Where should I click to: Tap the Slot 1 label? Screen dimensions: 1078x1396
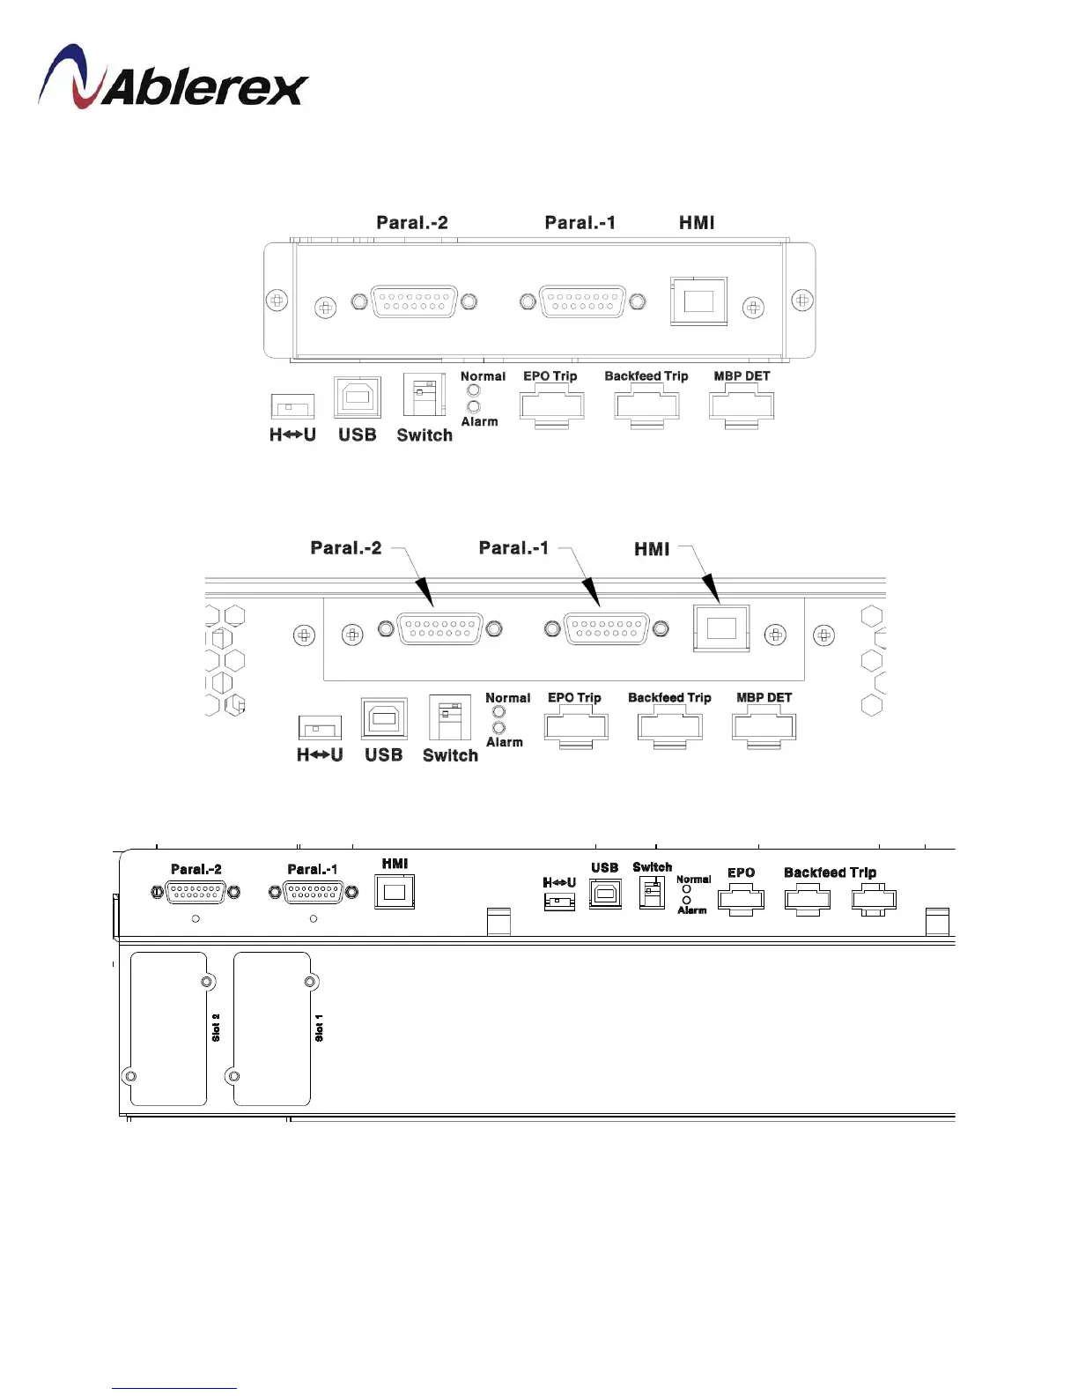tap(319, 1028)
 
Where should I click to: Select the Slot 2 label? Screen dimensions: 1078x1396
tap(216, 1028)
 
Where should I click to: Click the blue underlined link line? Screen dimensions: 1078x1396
tap(174, 1388)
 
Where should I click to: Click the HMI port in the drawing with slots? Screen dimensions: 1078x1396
tap(395, 892)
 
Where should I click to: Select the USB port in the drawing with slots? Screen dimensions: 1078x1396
tap(605, 894)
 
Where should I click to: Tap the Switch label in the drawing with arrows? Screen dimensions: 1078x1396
tap(450, 755)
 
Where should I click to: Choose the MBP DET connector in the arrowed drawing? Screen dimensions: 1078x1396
tap(764, 729)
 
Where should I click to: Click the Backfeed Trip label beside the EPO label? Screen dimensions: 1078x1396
tap(830, 872)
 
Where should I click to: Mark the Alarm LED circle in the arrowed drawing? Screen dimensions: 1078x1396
tap(499, 728)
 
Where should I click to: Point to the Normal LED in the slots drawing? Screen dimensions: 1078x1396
tap(687, 889)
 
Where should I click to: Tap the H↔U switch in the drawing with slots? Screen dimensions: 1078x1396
tap(559, 901)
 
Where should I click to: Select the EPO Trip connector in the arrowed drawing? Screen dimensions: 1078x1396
tap(576, 729)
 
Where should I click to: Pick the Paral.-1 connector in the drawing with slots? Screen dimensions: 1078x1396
tap(314, 892)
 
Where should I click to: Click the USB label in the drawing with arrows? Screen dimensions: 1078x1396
tap(383, 755)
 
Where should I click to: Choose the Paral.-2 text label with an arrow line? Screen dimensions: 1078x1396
tap(346, 548)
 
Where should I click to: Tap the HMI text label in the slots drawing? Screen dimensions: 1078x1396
tap(395, 864)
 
